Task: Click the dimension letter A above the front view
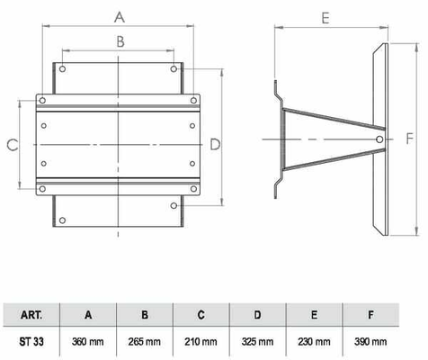(120, 17)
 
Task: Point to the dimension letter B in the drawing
(120, 41)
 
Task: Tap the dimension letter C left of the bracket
(13, 145)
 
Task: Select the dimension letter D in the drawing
(215, 145)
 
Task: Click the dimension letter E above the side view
(325, 18)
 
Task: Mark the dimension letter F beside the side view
(410, 139)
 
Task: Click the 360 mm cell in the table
(88, 341)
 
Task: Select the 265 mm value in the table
(145, 341)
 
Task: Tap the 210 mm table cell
(201, 341)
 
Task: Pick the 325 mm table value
(257, 341)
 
